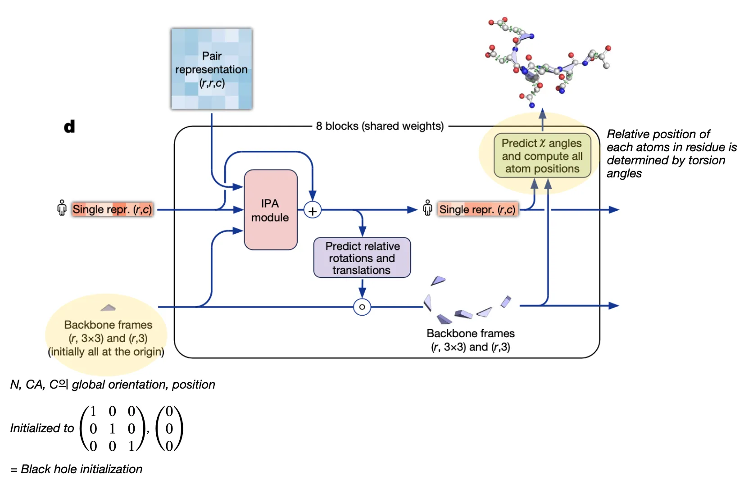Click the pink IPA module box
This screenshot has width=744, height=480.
[x=270, y=210]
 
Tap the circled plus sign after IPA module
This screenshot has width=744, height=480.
[x=313, y=210]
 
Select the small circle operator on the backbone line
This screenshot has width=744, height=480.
[x=362, y=307]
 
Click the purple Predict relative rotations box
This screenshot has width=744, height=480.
[x=362, y=258]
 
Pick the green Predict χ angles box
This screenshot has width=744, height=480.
[x=542, y=156]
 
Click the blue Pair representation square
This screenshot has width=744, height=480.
[x=212, y=69]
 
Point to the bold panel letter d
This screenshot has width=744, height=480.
[x=69, y=127]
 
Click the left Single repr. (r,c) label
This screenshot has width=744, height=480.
[x=112, y=209]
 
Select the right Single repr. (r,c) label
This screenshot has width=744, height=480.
[x=477, y=209]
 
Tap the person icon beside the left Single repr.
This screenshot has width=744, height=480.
[x=62, y=208]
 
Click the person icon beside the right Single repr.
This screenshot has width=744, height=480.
[x=428, y=208]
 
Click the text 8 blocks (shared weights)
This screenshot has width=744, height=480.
[x=380, y=126]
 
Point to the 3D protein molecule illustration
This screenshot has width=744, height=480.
[x=545, y=63]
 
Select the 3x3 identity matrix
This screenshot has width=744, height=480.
[x=112, y=428]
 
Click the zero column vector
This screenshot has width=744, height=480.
[x=169, y=428]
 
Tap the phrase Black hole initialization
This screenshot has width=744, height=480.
[x=82, y=469]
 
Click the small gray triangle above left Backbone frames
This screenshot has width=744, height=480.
[x=108, y=308]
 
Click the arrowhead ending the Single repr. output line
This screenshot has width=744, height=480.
[x=614, y=210]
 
